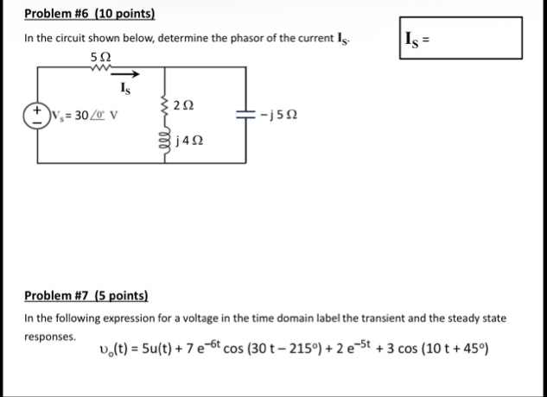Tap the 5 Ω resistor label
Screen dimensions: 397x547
coord(99,57)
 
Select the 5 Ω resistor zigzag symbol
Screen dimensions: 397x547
coord(100,71)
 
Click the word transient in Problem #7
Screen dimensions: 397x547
coord(342,318)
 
